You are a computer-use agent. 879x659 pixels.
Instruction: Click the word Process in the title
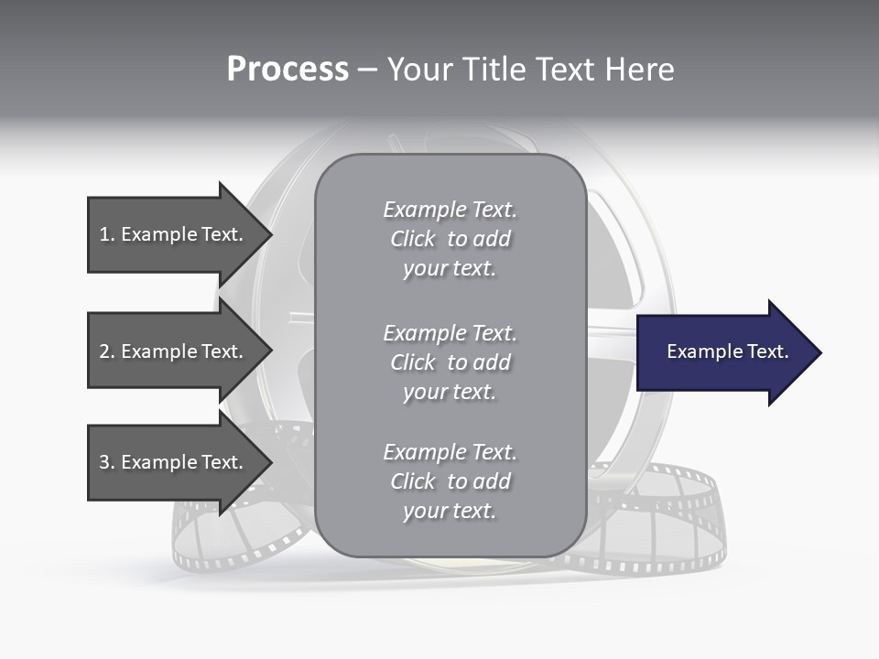288,70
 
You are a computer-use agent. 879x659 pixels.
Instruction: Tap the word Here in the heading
638,70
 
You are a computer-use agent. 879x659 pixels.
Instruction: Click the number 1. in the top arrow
106,234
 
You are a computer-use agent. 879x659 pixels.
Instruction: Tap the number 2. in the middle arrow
106,351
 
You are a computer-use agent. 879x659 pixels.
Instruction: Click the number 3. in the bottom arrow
106,462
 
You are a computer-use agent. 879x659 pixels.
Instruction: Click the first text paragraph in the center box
450,239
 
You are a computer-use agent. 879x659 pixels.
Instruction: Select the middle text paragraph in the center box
450,362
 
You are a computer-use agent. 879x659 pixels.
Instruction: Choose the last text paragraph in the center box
450,481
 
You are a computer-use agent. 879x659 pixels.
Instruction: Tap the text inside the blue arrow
728,351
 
